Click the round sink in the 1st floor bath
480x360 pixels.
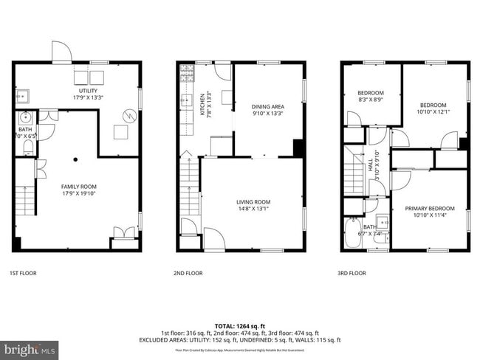(x=26, y=117)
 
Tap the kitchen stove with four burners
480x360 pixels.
(x=185, y=73)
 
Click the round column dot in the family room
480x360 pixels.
(x=75, y=158)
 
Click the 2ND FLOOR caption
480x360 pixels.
(x=188, y=273)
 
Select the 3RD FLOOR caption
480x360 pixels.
(x=352, y=273)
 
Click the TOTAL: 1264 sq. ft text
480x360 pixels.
(x=239, y=325)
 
